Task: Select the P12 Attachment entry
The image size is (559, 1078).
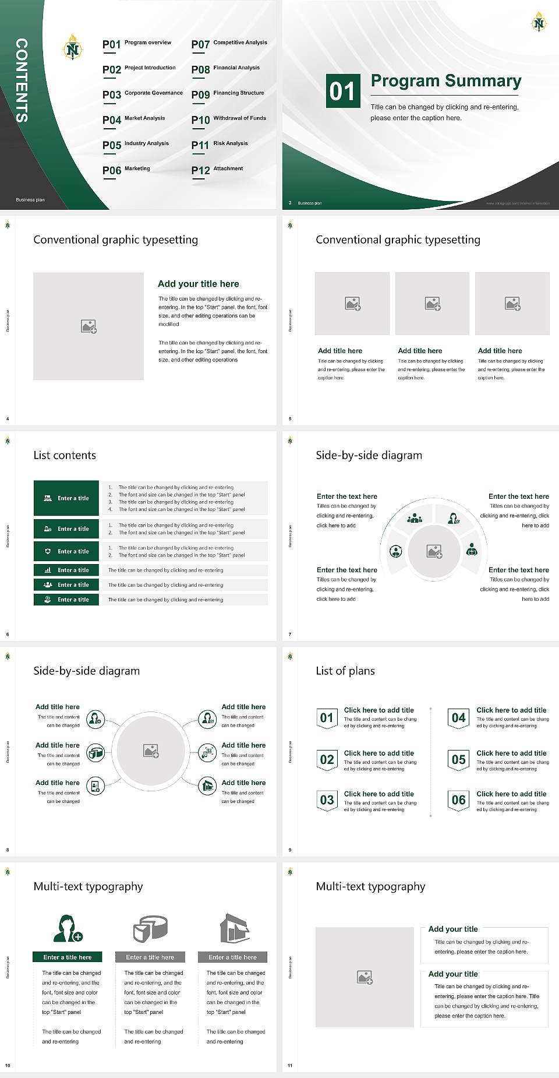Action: point(217,170)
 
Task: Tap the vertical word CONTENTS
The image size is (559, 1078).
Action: point(22,80)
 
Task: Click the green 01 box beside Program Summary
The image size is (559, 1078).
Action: point(342,91)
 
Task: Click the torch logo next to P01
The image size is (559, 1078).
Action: point(72,47)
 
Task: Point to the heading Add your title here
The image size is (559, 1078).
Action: point(198,284)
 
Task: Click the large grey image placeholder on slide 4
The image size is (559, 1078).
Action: point(89,326)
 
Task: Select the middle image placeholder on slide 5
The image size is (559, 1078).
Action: point(432,304)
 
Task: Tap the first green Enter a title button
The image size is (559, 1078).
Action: point(66,498)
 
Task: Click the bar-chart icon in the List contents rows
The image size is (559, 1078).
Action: point(48,570)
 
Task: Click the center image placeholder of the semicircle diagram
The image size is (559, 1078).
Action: point(434,551)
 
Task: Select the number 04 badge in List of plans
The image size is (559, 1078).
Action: point(458,718)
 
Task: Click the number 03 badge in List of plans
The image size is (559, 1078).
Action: point(327,800)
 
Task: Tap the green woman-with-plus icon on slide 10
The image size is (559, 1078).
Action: point(68,929)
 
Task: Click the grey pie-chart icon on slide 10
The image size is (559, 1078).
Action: point(150,929)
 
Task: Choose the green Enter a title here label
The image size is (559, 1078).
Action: point(68,957)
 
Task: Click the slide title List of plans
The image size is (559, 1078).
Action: point(345,671)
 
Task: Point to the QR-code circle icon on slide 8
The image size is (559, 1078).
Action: point(207,753)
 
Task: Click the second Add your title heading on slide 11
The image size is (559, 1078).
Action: point(452,974)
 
